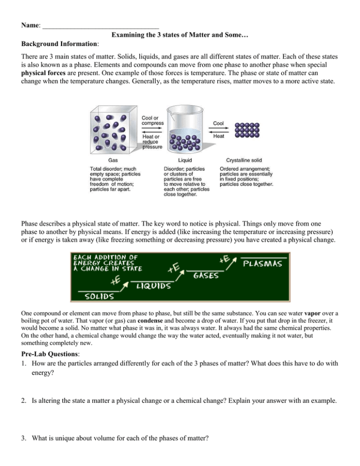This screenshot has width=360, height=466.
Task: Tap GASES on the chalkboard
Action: (206, 276)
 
